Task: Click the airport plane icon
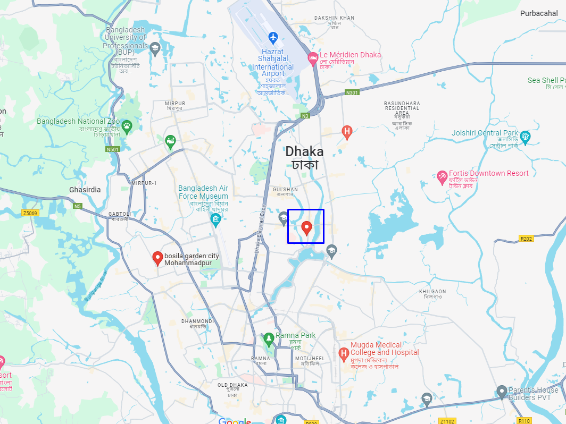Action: coord(273,38)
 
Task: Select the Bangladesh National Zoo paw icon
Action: coord(127,126)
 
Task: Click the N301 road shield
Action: coord(352,92)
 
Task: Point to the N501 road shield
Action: coord(113,149)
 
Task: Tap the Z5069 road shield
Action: coord(30,213)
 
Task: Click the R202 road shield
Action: coord(526,239)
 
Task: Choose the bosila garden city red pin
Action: coord(157,258)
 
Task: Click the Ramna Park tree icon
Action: coord(269,338)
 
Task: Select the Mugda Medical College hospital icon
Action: coord(344,352)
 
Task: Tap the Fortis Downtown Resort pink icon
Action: coord(442,177)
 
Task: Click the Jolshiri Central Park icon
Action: coord(525,137)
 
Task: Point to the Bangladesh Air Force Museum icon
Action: coord(215,219)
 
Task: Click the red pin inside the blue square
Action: coord(306,228)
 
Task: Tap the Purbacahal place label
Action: coord(539,13)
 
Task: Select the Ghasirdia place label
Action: coord(85,190)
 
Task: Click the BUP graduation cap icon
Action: coord(155,49)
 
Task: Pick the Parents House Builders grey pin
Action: coord(501,392)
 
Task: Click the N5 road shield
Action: coord(78,206)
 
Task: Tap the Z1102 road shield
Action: coord(447,421)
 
